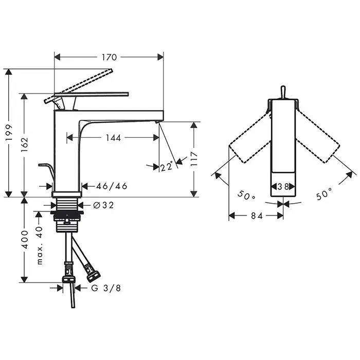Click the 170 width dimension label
109,57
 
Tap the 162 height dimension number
24,145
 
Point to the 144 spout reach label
113,138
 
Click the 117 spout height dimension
194,158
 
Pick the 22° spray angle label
167,166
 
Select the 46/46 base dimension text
112,186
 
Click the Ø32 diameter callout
103,205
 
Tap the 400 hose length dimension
24,240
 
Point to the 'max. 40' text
40,245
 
